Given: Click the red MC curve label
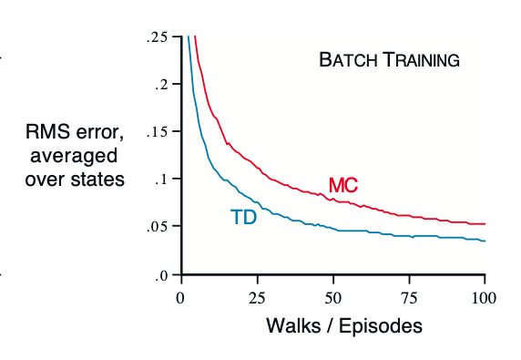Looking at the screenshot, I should (x=343, y=186).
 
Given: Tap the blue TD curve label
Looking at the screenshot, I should (x=243, y=218).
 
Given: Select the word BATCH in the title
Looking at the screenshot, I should (x=348, y=61).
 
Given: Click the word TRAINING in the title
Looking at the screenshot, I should (x=420, y=61).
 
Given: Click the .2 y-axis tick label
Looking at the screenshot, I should (x=162, y=85).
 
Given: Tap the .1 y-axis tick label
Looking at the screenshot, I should (x=162, y=180).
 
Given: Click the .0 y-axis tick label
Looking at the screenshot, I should (x=162, y=274).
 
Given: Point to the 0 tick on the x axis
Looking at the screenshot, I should (x=181, y=296).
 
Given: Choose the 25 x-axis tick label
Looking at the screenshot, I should (x=257, y=296).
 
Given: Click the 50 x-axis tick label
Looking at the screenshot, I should (x=333, y=296).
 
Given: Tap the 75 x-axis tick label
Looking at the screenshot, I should (x=409, y=296).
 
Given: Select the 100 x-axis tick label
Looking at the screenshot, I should (x=484, y=296).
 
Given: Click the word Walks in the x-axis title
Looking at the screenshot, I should (x=292, y=324).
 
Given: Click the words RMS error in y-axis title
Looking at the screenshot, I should (x=75, y=134).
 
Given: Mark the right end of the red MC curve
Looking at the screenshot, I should (x=485, y=223).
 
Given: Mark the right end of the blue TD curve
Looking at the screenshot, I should (x=485, y=241).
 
